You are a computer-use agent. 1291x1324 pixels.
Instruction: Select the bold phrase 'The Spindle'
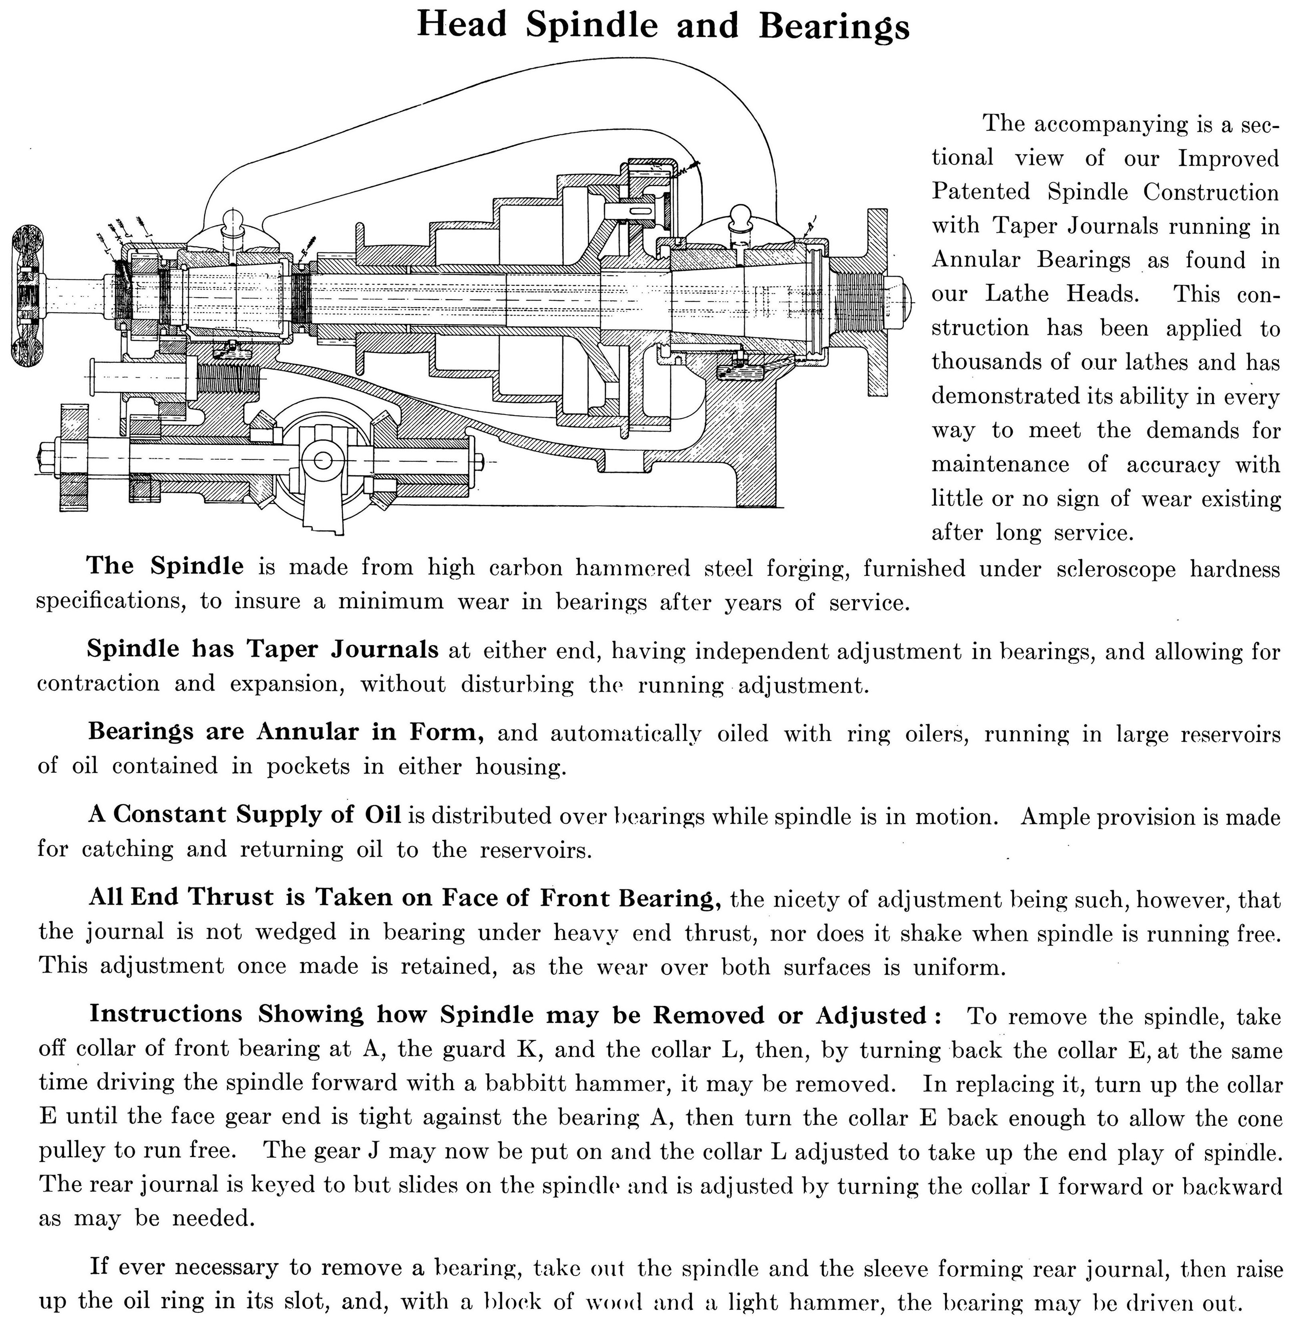(x=165, y=566)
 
